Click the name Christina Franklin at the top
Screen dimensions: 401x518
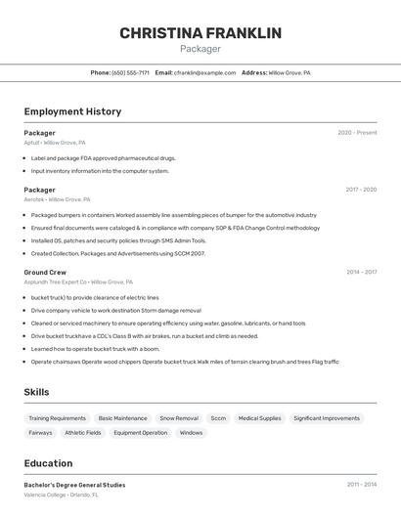(x=200, y=33)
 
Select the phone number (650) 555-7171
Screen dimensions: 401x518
(x=130, y=72)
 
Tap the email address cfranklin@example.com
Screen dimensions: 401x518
(x=204, y=72)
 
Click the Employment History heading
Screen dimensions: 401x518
(x=72, y=111)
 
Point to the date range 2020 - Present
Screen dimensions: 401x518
(x=357, y=133)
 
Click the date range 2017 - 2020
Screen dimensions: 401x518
(x=361, y=190)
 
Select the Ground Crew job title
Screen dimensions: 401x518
(x=45, y=272)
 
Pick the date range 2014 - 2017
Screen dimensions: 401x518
(x=361, y=272)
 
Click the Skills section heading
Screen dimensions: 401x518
(x=36, y=392)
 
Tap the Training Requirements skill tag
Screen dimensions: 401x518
(x=57, y=418)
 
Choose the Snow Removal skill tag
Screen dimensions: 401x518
(x=179, y=418)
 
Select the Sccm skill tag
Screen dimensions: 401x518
(x=218, y=418)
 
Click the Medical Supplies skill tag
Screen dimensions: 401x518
(x=259, y=418)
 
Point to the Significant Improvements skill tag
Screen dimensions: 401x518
(x=327, y=418)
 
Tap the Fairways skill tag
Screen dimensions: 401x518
(x=40, y=433)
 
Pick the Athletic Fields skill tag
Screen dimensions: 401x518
(x=83, y=433)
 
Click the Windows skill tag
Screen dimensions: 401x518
(x=191, y=433)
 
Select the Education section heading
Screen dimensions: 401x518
(x=48, y=463)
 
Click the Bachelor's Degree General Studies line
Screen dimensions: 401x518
(x=74, y=485)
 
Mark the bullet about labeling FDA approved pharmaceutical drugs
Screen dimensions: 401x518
(x=103, y=157)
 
